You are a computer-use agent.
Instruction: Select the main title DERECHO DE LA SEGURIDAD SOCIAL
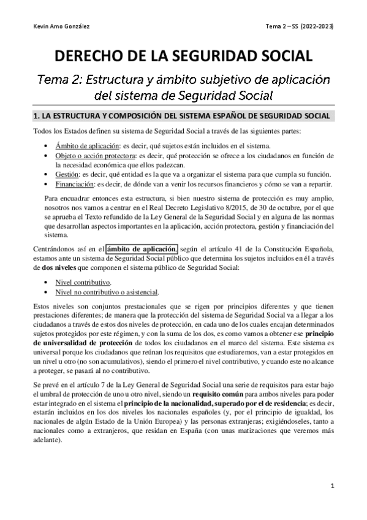(184, 57)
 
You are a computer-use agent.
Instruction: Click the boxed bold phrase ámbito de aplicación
(142, 248)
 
